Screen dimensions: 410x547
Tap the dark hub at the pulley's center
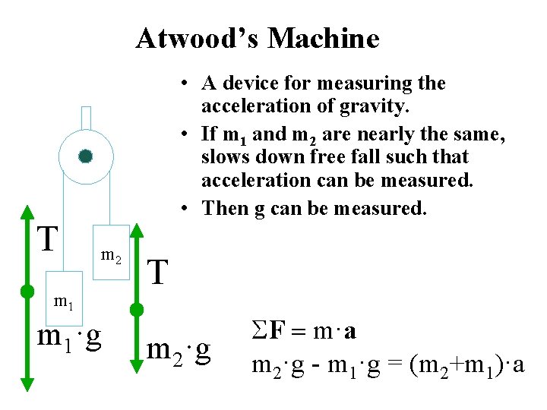coord(85,156)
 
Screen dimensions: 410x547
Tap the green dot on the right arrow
coord(138,309)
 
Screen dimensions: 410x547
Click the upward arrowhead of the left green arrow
coord(27,212)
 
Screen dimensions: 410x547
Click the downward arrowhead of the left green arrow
coord(27,384)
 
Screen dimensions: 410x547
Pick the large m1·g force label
coord(71,337)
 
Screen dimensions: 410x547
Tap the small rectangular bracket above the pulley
coord(86,117)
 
